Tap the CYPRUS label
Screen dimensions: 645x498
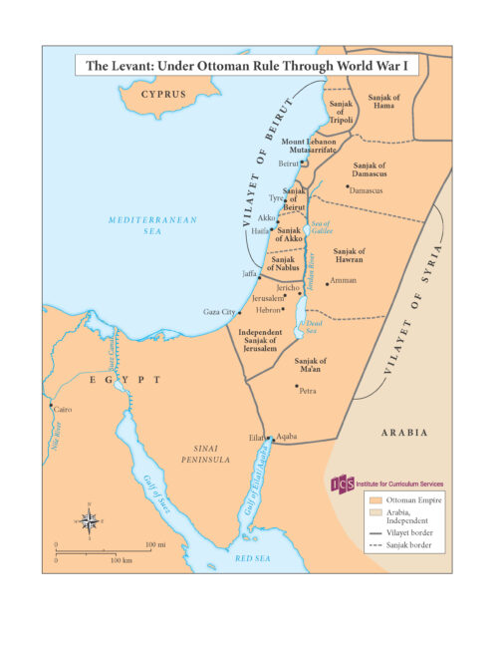point(163,95)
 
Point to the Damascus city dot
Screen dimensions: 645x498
point(348,185)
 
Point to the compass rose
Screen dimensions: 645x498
point(89,518)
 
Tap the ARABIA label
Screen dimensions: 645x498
point(405,433)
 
